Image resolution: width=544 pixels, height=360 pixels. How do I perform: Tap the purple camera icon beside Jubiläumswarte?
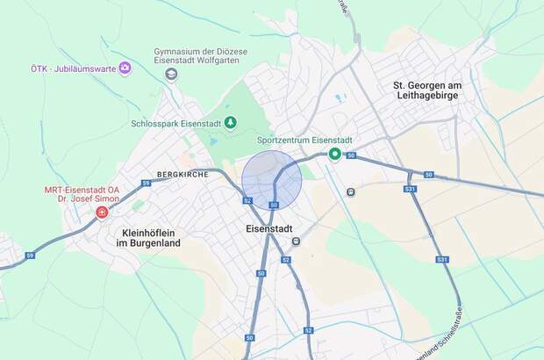coord(125,68)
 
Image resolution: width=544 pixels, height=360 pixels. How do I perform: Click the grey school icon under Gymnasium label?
coord(171,75)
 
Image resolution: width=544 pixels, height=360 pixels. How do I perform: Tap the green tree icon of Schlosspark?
coord(230,123)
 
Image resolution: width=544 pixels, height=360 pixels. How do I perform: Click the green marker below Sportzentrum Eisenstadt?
coord(334,155)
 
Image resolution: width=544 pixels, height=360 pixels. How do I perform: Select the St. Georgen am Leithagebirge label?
coord(433,90)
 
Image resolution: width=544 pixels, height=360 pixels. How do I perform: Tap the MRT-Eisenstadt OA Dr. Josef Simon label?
coord(82,194)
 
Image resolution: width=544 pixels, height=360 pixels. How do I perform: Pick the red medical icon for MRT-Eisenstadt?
coord(103,212)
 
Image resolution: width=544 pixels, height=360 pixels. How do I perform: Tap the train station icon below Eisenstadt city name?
coord(297,240)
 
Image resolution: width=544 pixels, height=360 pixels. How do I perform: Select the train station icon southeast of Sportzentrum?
coord(351,191)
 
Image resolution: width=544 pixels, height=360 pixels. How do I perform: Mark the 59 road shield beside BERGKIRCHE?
coord(147,183)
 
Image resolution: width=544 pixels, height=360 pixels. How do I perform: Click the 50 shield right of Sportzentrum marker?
coord(351,155)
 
